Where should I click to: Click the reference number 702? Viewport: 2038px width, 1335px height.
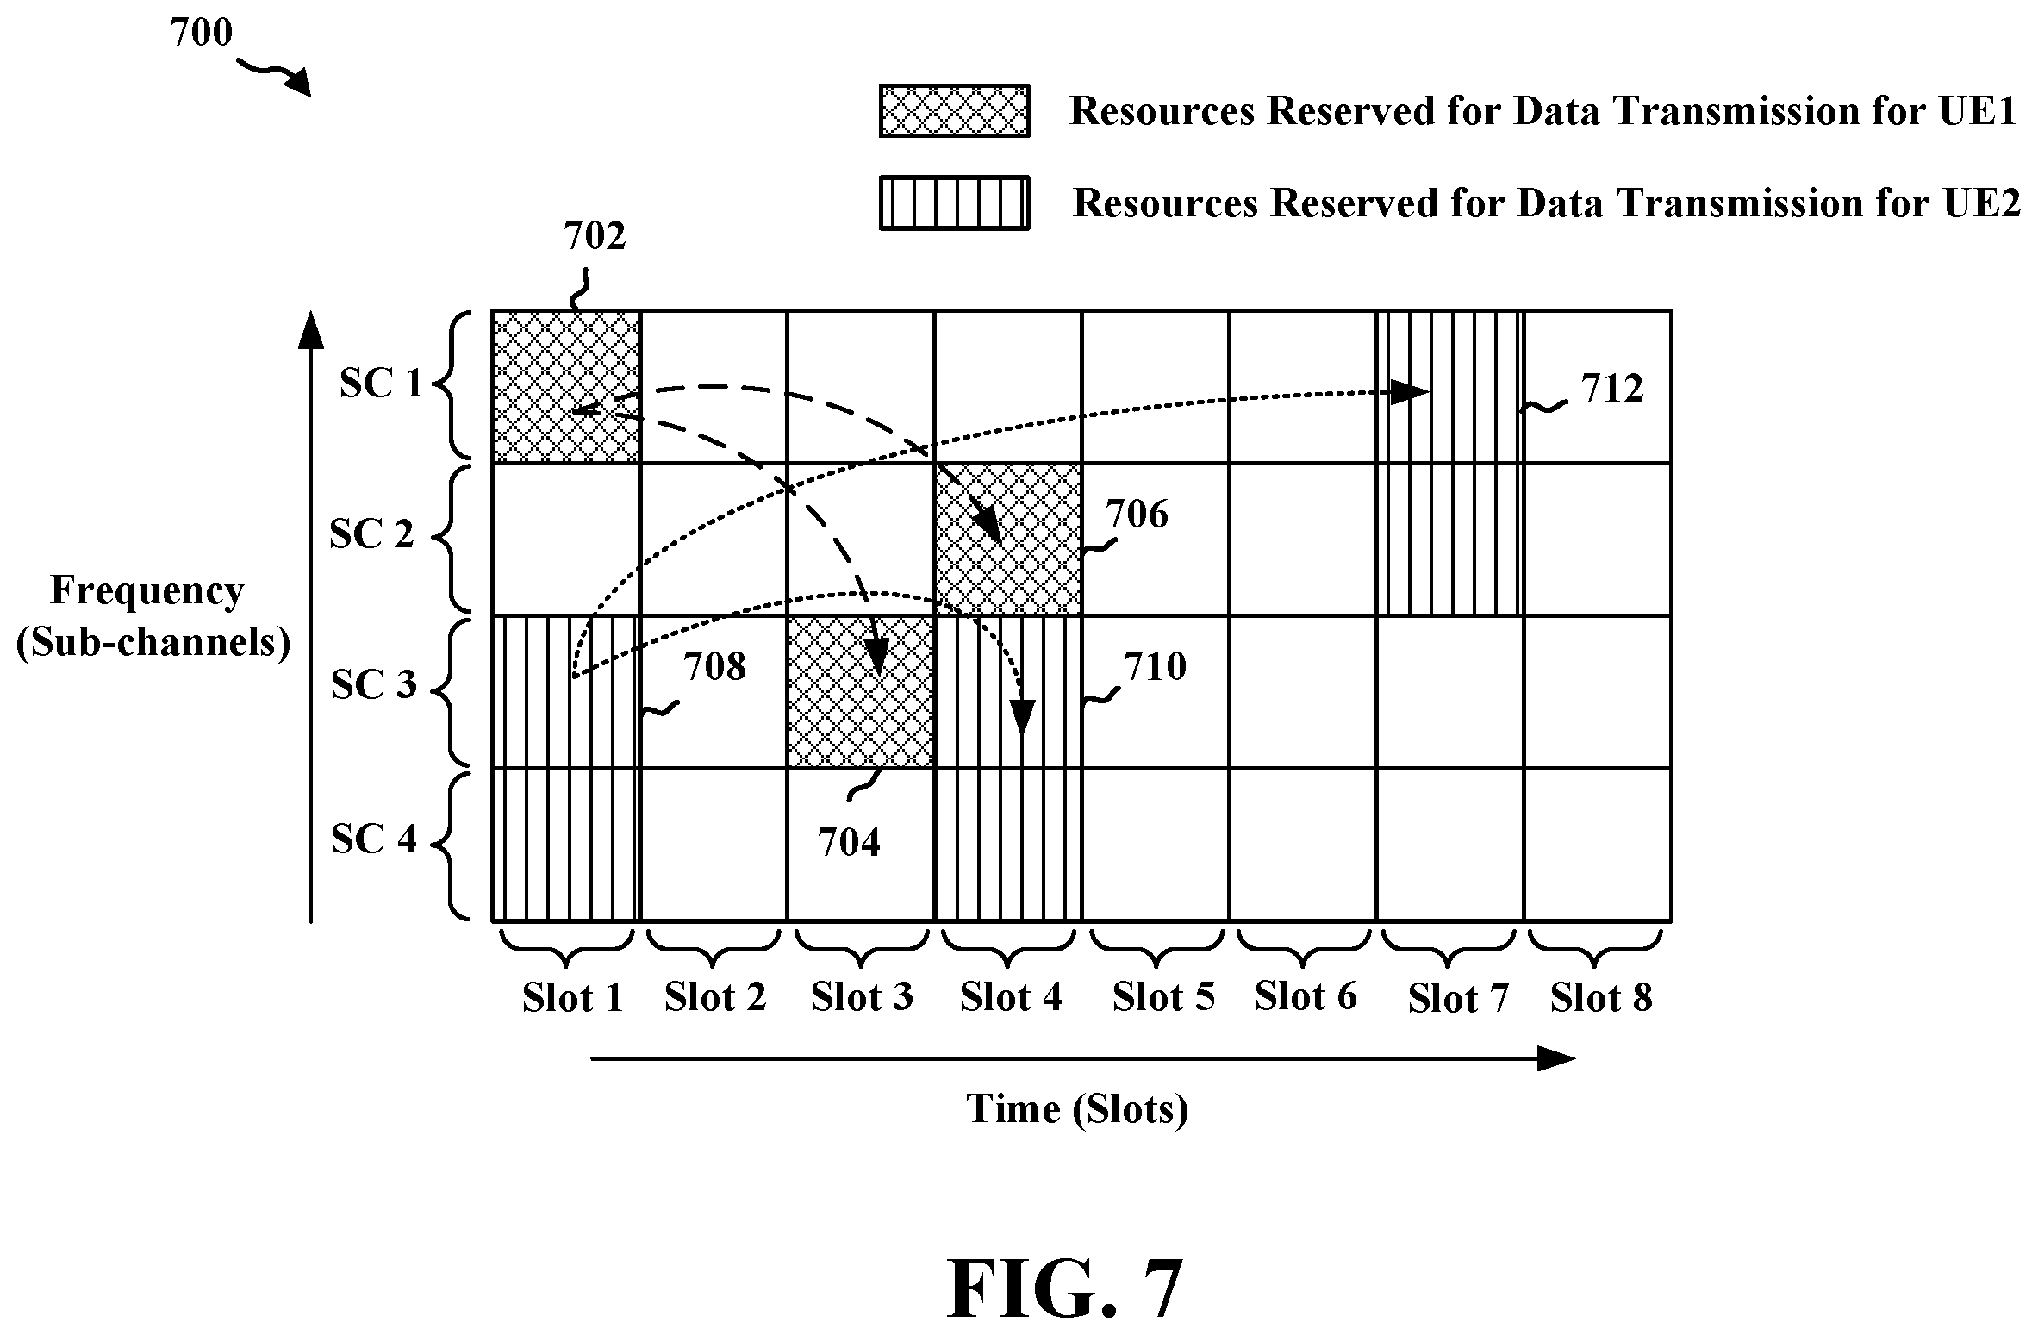tap(595, 235)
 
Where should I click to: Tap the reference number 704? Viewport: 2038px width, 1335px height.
tap(849, 842)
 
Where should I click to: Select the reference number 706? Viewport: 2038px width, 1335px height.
tap(1137, 514)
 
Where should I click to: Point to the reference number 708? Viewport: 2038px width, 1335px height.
tap(714, 666)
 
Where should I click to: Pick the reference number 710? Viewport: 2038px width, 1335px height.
tap(1155, 666)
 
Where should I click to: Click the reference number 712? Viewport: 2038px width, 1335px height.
tap(1612, 389)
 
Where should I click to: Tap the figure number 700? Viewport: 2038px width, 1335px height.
tap(201, 33)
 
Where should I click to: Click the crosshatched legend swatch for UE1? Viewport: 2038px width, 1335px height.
tap(954, 110)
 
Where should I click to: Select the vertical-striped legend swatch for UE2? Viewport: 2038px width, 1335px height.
tap(954, 203)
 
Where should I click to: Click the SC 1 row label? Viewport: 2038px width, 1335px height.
tap(382, 384)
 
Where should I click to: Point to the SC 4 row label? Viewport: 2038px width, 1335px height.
tap(374, 839)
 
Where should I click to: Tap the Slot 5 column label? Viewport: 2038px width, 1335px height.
tap(1163, 997)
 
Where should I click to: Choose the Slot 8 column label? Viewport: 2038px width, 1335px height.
tap(1601, 998)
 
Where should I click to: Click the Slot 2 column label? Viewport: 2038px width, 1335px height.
tap(715, 997)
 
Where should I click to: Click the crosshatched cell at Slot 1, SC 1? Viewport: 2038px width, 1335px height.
tap(566, 386)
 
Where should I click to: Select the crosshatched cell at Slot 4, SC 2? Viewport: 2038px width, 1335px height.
tap(1008, 540)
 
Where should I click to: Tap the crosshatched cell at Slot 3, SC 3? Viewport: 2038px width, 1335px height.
tap(861, 692)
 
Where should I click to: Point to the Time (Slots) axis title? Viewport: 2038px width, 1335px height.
tap(1077, 1108)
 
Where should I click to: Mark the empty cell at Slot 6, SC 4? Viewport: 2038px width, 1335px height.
tap(1303, 845)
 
